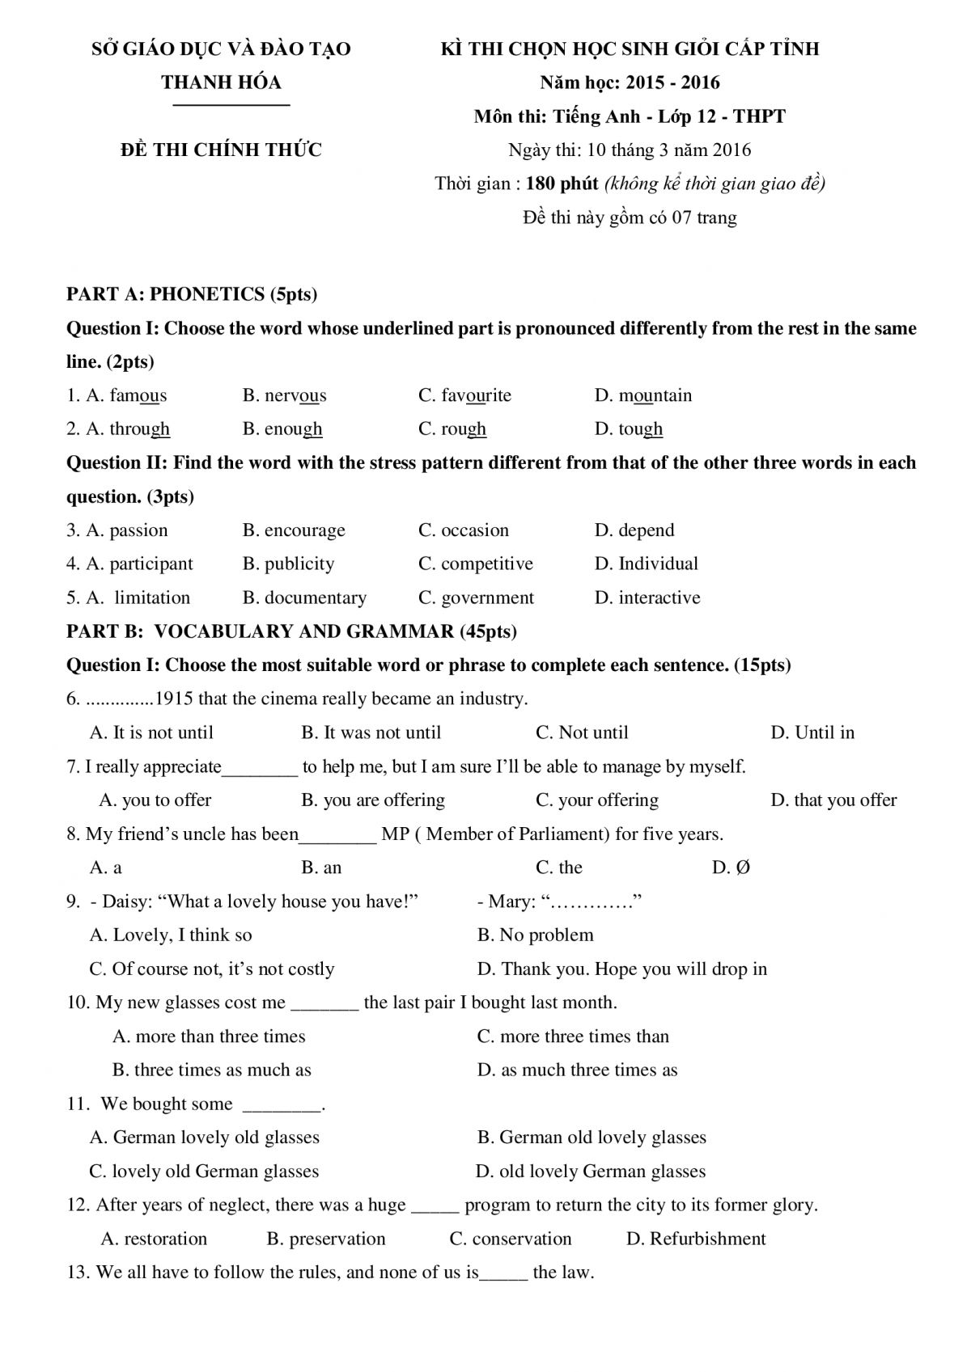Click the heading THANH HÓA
(221, 82)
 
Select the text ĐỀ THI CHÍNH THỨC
(221, 150)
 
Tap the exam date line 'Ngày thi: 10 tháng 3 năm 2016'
(630, 150)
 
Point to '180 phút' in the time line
(562, 184)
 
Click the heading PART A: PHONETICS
(191, 294)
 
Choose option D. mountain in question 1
(643, 395)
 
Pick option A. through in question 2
(118, 429)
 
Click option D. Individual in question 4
(646, 564)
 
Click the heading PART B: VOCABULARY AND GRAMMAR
(291, 631)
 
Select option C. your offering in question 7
(596, 800)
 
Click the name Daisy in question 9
(124, 901)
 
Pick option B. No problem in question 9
(535, 935)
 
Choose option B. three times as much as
(211, 1070)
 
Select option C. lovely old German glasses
(204, 1171)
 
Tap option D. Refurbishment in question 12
(696, 1239)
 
